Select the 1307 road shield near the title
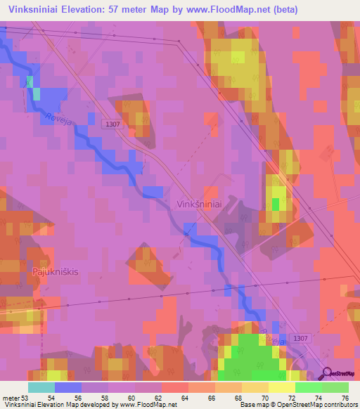pyautogui.click(x=110, y=124)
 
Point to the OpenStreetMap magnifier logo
pyautogui.click(x=328, y=374)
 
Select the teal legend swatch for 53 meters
pyautogui.click(x=41, y=387)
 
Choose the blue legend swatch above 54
pyautogui.click(x=67, y=387)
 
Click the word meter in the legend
pyautogui.click(x=10, y=397)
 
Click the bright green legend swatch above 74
pyautogui.click(x=308, y=387)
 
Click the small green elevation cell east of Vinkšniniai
pyautogui.click(x=276, y=204)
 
